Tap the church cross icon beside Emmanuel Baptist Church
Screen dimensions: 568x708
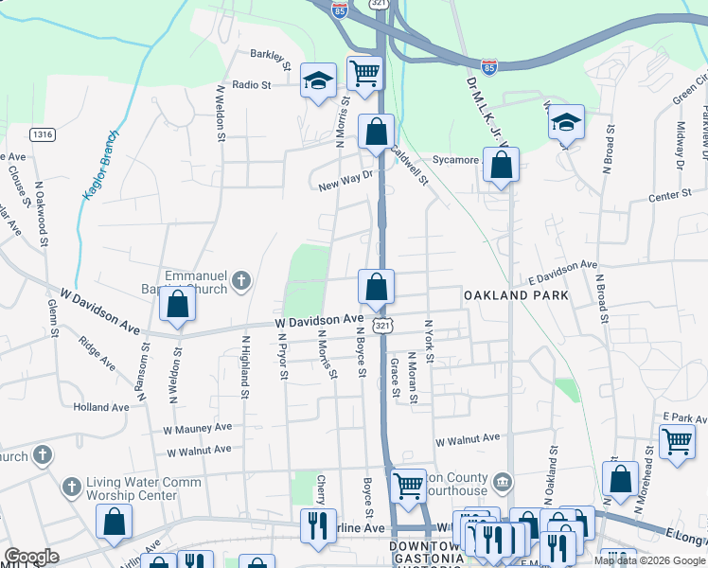(x=241, y=280)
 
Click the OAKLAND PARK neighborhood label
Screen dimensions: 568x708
(x=516, y=295)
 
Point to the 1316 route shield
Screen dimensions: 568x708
(x=42, y=134)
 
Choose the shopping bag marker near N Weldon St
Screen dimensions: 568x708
(x=177, y=305)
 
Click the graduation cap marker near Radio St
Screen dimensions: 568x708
(x=319, y=80)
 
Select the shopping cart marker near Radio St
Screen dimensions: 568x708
(x=364, y=72)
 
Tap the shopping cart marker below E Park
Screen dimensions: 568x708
(x=677, y=441)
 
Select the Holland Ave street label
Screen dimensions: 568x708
(x=101, y=407)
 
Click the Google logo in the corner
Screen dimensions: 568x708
(x=31, y=557)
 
